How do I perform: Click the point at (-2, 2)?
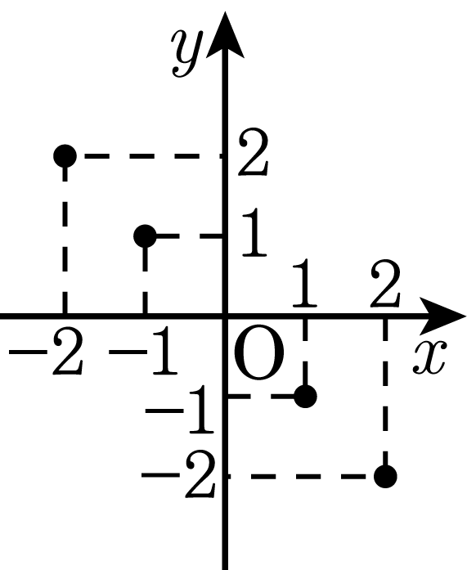tap(65, 156)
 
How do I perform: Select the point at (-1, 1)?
tap(145, 236)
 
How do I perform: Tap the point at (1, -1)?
tap(305, 397)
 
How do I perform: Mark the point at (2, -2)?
tap(385, 476)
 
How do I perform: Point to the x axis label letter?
tap(429, 357)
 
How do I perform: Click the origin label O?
tap(258, 352)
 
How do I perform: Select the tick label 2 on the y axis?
tap(253, 152)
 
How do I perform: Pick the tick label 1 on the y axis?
tap(254, 232)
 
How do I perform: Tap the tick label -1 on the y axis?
tap(179, 410)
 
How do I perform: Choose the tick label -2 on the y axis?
tap(178, 474)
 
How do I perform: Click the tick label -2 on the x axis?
tap(46, 351)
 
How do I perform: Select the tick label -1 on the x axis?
tap(144, 351)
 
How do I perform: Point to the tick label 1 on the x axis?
tap(304, 282)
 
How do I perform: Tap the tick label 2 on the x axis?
tap(385, 282)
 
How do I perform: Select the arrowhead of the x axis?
tap(442, 316)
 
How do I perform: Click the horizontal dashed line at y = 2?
tap(145, 156)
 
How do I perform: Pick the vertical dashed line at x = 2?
tap(385, 397)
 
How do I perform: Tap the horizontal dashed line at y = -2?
tap(305, 476)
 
